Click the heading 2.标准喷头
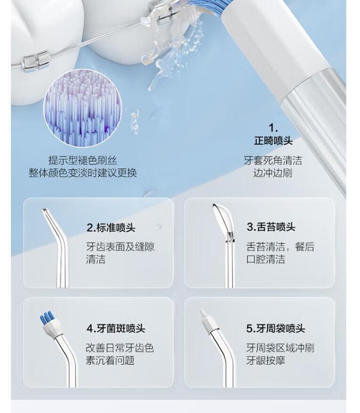pyautogui.click(x=111, y=228)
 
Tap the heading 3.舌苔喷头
pyautogui.click(x=271, y=227)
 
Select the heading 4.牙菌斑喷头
pyautogui.click(x=116, y=329)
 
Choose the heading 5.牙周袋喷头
pyautogui.click(x=276, y=329)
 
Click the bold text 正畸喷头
pyautogui.click(x=273, y=140)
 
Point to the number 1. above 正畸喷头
pyautogui.click(x=273, y=128)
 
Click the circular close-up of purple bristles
pyautogui.click(x=82, y=107)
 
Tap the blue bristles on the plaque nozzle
pyautogui.click(x=46, y=318)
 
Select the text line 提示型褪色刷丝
pyautogui.click(x=82, y=160)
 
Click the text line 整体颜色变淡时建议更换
pyautogui.click(x=82, y=173)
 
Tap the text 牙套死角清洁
pyautogui.click(x=273, y=160)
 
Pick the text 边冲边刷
pyautogui.click(x=273, y=173)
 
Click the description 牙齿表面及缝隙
pyautogui.click(x=120, y=247)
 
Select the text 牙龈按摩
pyautogui.click(x=266, y=360)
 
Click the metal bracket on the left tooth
pyautogui.click(x=34, y=62)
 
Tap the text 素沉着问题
pyautogui.click(x=110, y=360)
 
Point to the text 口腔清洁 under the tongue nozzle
pyautogui.click(x=266, y=259)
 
